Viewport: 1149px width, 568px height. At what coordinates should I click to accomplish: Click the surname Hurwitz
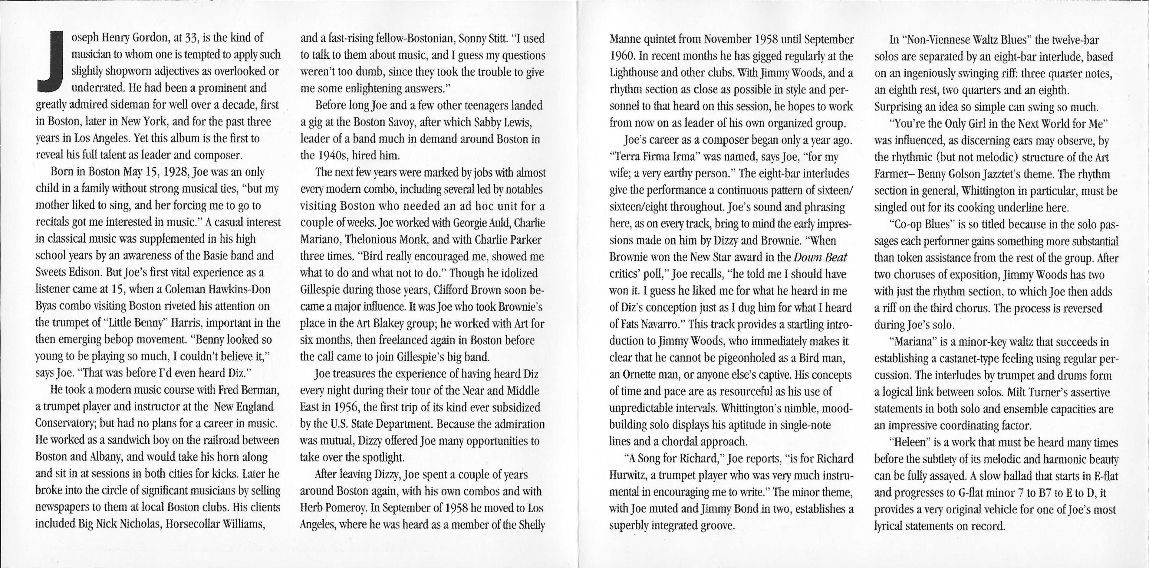pos(626,475)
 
